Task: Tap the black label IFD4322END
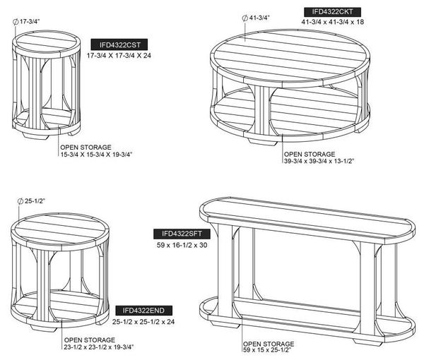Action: click(144, 310)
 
